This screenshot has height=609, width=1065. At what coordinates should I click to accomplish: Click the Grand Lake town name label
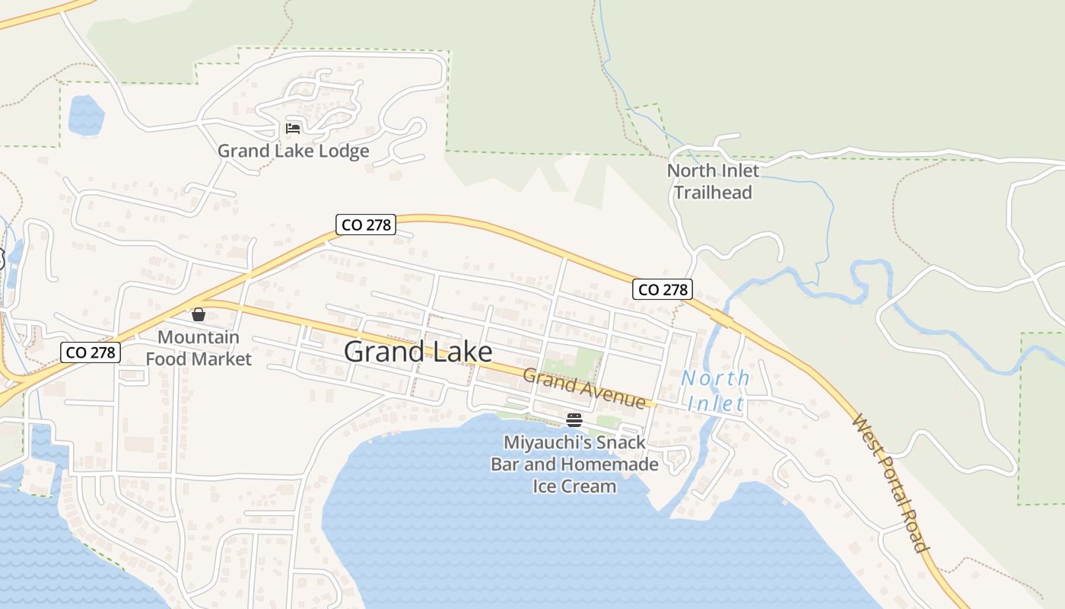(x=418, y=352)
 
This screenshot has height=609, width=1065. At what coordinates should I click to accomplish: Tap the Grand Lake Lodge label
(x=293, y=151)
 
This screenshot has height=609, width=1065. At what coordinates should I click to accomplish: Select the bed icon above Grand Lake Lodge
(x=293, y=128)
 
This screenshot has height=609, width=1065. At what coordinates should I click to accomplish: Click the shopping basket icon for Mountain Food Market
(x=199, y=314)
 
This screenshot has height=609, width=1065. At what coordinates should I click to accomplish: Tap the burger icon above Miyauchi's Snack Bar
(x=574, y=419)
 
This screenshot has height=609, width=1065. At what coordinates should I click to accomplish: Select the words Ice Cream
(x=574, y=486)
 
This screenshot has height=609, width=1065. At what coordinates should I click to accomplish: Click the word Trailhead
(x=713, y=193)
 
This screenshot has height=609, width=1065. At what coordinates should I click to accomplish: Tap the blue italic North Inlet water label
(x=715, y=391)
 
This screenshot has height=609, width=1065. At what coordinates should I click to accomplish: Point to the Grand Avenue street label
(x=584, y=387)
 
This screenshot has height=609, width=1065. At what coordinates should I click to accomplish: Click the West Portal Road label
(x=891, y=483)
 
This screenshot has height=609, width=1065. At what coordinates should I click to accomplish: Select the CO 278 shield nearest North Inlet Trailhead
(x=663, y=289)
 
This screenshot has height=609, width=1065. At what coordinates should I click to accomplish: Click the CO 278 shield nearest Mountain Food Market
(x=91, y=352)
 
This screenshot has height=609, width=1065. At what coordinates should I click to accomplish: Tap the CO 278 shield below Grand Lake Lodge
(x=366, y=225)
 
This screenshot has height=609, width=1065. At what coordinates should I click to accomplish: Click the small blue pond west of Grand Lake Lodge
(x=86, y=116)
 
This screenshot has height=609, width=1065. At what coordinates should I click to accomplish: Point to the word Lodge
(x=342, y=151)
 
